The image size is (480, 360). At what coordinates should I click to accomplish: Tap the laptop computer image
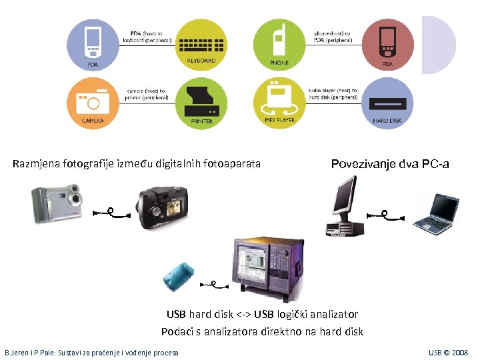tap(434, 214)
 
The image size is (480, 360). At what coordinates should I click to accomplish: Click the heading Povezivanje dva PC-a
tap(390, 164)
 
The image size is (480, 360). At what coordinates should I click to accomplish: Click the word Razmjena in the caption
tap(34, 163)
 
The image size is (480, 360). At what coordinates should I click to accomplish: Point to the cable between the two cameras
tap(111, 213)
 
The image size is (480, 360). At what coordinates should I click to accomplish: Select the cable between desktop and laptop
tap(385, 215)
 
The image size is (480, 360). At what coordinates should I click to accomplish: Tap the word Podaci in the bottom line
tap(177, 331)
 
